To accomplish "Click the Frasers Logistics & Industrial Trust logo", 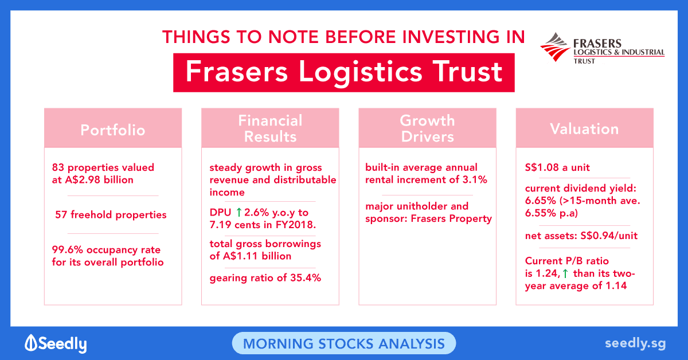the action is click(602, 48).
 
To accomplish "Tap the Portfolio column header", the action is click(113, 128).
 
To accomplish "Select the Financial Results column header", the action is click(270, 128).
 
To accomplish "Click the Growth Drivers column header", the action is click(428, 128).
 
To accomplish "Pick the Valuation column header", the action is click(584, 128).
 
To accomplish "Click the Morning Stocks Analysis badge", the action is click(344, 343).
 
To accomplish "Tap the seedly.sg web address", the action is click(635, 344).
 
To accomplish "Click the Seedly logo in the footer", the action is click(56, 343).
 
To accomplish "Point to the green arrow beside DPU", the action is click(239, 212).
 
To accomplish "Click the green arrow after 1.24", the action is click(565, 273).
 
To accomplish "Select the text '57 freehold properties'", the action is click(111, 215).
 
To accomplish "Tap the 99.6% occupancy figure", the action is click(68, 250).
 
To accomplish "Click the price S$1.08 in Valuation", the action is click(542, 167).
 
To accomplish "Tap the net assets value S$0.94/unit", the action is click(609, 236).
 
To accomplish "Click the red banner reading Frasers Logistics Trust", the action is click(344, 73).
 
